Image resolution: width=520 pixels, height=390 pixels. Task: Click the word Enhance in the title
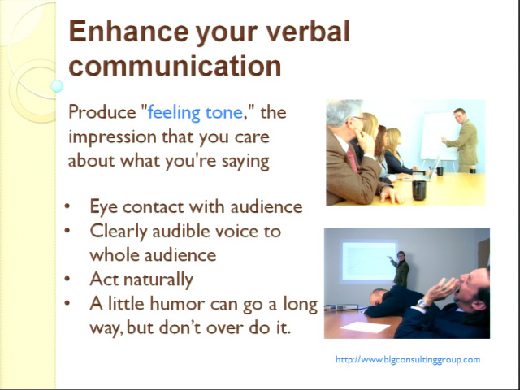pos(128,32)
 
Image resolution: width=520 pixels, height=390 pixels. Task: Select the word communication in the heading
pos(175,66)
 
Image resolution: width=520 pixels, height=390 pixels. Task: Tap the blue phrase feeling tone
pos(195,112)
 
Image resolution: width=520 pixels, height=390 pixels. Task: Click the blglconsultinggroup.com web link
pos(408,359)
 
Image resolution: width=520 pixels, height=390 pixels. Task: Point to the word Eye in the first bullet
pos(104,207)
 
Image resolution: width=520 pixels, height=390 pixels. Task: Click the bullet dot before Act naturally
pos(67,279)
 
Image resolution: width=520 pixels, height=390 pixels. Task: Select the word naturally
pos(158,279)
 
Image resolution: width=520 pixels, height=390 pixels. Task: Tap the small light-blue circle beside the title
pos(57,86)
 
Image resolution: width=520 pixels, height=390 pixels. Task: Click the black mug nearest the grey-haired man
pos(419,190)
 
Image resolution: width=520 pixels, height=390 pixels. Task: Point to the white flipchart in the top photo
pos(440,136)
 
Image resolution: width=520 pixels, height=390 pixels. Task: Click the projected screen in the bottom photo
pos(369,261)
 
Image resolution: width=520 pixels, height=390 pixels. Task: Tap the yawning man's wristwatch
pos(422,303)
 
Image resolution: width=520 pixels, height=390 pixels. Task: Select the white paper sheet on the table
pos(365,327)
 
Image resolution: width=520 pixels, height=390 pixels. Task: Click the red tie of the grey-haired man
pos(352,159)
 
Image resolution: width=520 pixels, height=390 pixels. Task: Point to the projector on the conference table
pos(344,307)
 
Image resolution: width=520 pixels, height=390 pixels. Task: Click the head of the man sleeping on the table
pos(379,296)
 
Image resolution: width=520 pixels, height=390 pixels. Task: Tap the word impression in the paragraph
pos(113,137)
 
